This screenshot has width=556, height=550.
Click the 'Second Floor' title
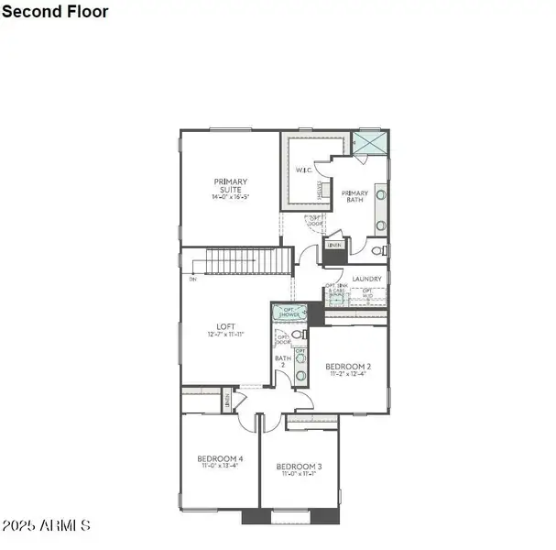[56, 12]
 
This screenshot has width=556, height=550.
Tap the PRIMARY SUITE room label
[231, 185]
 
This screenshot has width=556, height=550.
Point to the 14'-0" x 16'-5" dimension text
[231, 197]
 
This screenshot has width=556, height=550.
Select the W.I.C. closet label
[304, 170]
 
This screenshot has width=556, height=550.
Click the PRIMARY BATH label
[354, 196]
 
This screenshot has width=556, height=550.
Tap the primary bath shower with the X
[369, 144]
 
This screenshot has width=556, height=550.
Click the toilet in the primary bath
[380, 248]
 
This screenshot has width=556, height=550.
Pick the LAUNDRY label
[366, 279]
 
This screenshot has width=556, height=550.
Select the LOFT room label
[226, 326]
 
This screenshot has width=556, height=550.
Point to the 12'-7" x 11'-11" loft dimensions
[226, 335]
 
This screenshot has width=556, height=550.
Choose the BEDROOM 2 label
[348, 366]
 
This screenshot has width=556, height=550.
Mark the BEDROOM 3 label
[300, 466]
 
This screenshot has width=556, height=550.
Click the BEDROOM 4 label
[220, 458]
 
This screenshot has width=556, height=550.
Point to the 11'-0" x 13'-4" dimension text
[220, 467]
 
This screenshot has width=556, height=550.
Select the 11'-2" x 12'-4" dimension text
[348, 374]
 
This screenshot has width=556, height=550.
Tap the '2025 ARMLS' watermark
[46, 526]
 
